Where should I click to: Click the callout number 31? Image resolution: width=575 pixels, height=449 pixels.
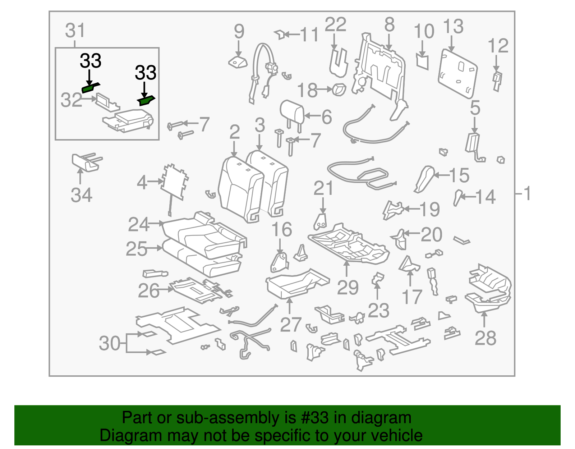pos(75,31)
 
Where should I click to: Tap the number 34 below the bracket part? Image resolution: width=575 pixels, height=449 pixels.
pos(82,195)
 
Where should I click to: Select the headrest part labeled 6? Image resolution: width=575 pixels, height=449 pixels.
pos(292,111)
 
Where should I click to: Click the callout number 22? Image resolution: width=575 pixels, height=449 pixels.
pos(335,25)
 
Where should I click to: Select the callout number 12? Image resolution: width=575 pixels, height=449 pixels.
pos(498,46)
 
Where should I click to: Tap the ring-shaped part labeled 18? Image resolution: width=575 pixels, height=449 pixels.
pos(339,89)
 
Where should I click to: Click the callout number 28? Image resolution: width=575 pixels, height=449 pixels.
pos(485,338)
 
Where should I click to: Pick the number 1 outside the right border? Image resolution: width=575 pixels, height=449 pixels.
pos(527,194)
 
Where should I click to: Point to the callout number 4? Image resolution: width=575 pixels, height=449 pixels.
pos(142,183)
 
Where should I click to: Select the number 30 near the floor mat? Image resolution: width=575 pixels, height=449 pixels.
pos(110,343)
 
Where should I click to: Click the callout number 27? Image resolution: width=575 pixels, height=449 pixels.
pos(290,325)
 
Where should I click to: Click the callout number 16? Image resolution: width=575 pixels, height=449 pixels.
pos(281,229)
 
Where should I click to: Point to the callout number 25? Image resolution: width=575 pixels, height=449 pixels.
pos(137,249)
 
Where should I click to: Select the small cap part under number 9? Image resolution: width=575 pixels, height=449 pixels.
pos(238,63)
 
